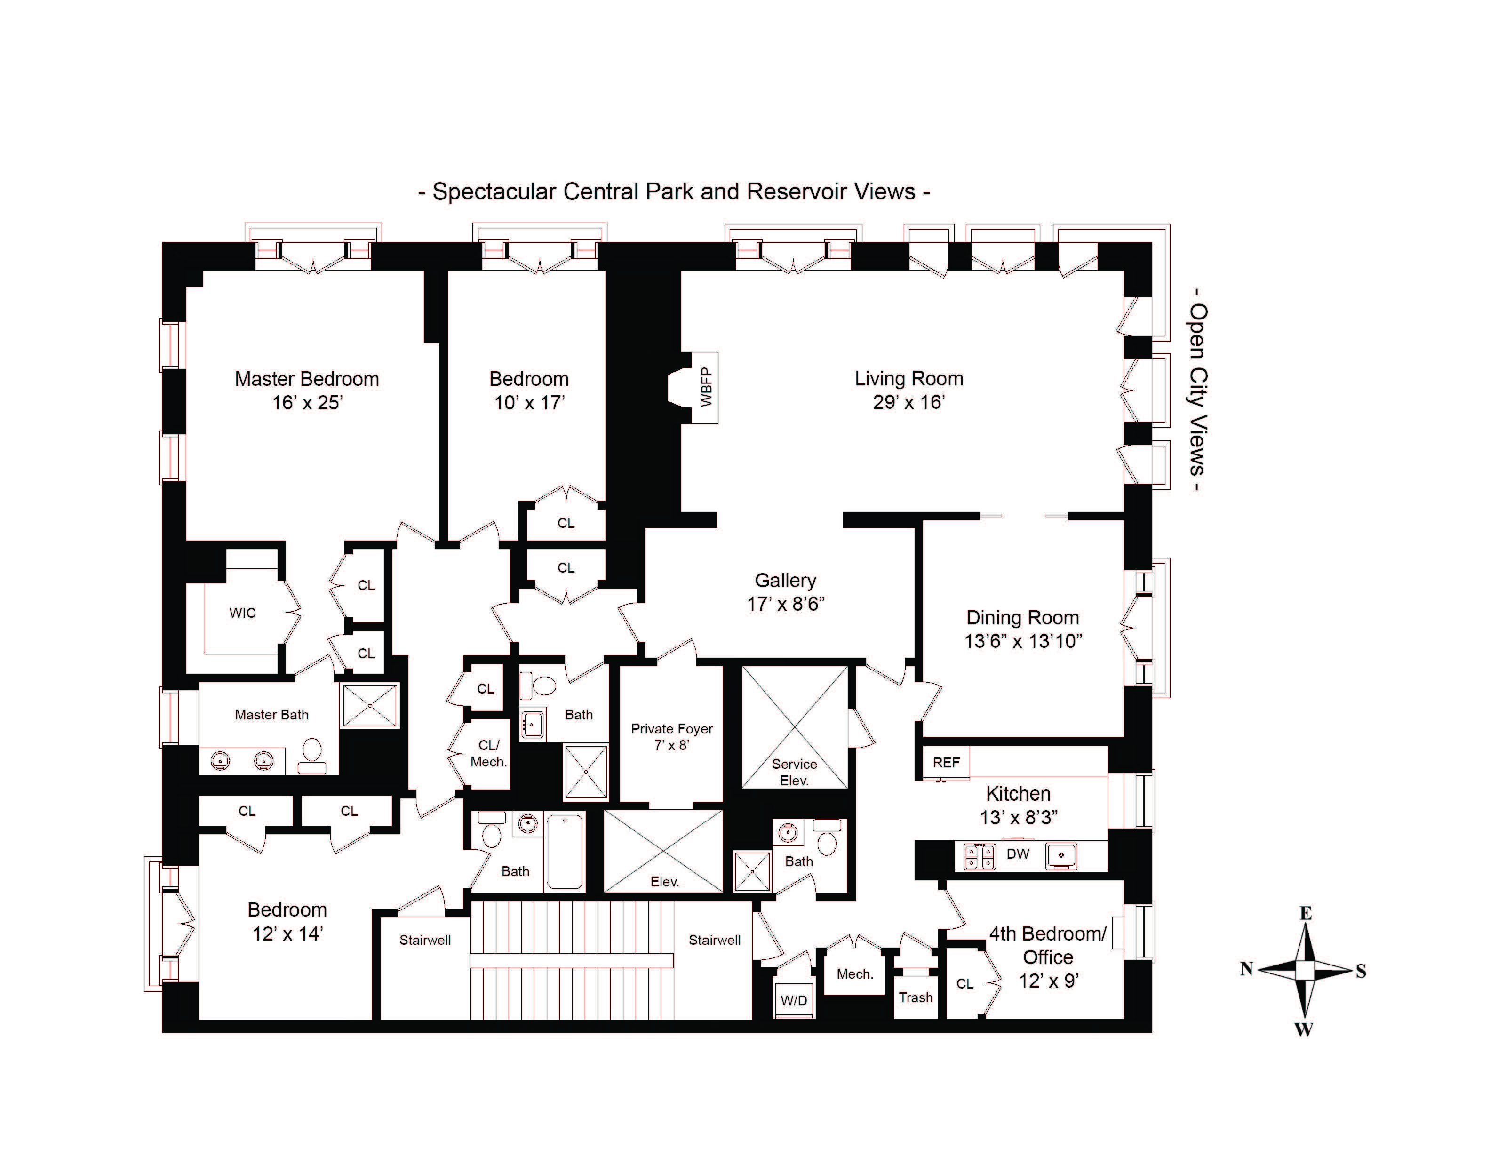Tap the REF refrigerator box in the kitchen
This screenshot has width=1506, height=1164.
946,762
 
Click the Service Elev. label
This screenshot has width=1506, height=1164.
794,772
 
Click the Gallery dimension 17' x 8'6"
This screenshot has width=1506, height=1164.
785,604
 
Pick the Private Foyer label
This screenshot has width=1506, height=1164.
672,729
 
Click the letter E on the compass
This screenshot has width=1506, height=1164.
1305,914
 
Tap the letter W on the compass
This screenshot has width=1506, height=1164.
1303,1030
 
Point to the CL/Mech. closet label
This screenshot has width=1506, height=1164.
488,753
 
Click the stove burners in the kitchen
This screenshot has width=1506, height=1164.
979,856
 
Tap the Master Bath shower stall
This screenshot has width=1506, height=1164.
370,705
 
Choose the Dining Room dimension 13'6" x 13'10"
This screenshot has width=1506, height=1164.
1023,641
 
